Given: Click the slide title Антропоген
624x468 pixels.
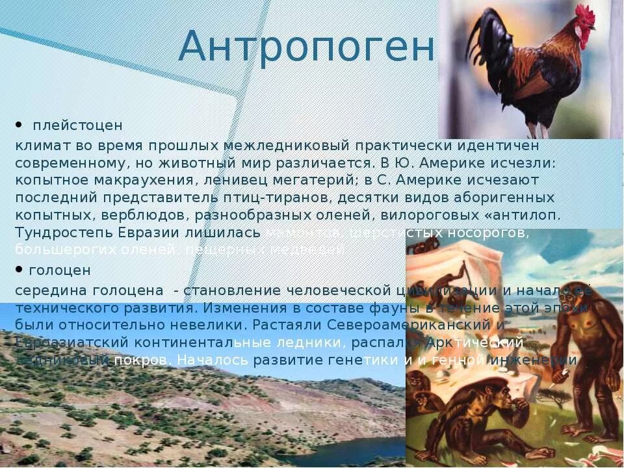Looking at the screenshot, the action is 305,47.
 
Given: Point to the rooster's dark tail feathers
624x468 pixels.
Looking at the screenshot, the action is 484,39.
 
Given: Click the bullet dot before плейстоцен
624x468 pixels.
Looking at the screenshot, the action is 19,123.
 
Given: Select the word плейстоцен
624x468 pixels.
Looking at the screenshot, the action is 77,125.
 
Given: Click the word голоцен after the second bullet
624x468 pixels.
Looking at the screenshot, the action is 60,270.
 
